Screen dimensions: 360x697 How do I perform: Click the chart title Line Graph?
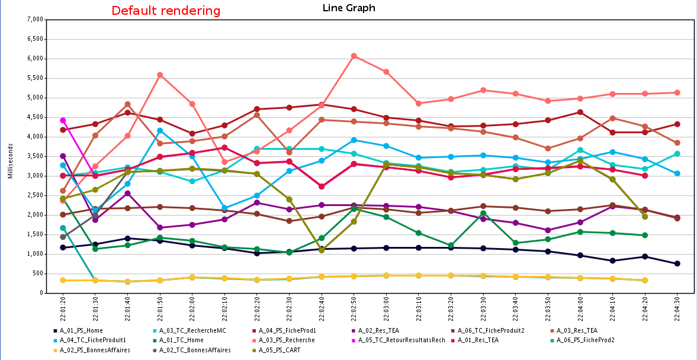[x=348, y=8]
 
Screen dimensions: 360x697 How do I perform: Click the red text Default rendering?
[x=166, y=11]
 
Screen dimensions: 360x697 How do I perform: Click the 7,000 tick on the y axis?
[x=36, y=20]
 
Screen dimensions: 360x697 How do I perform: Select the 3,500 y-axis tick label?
[x=36, y=137]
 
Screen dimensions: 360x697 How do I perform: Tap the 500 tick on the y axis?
[x=38, y=274]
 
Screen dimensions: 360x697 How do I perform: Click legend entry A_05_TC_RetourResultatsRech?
[x=409, y=340]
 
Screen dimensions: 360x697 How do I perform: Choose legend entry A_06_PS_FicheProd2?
[x=586, y=340]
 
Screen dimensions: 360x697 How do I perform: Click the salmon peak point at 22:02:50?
[x=354, y=56]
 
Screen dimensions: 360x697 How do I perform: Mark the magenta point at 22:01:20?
[x=63, y=120]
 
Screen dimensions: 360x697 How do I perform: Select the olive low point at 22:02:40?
[x=322, y=250]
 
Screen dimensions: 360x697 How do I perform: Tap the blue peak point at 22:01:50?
[x=160, y=130]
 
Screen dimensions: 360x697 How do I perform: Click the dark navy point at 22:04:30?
[x=677, y=263]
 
